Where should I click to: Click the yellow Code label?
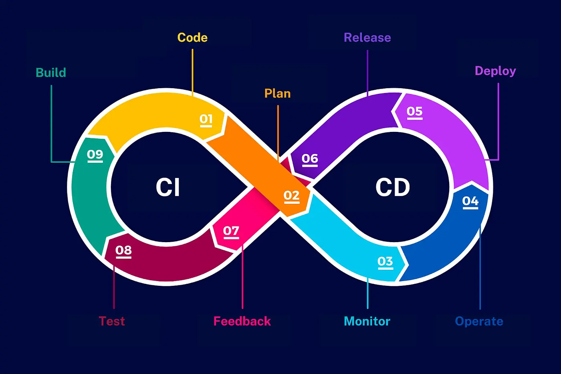(192, 38)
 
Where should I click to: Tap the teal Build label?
(51, 73)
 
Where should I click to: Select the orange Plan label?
(277, 93)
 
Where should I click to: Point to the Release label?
(367, 38)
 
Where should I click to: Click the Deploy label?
(495, 71)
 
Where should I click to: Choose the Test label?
(112, 321)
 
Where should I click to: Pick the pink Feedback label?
(242, 321)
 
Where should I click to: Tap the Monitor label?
(367, 321)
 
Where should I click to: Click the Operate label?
(479, 321)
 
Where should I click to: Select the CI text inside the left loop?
(168, 187)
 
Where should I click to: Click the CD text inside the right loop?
(393, 187)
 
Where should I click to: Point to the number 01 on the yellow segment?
(206, 119)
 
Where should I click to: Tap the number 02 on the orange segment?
(291, 196)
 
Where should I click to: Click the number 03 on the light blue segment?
(385, 262)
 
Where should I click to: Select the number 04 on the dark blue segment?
(470, 201)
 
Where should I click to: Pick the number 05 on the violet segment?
(414, 111)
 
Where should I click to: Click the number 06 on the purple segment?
(310, 159)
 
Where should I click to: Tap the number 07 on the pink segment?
(231, 231)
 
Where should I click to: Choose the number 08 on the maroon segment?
(123, 251)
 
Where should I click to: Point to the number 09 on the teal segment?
(95, 154)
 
